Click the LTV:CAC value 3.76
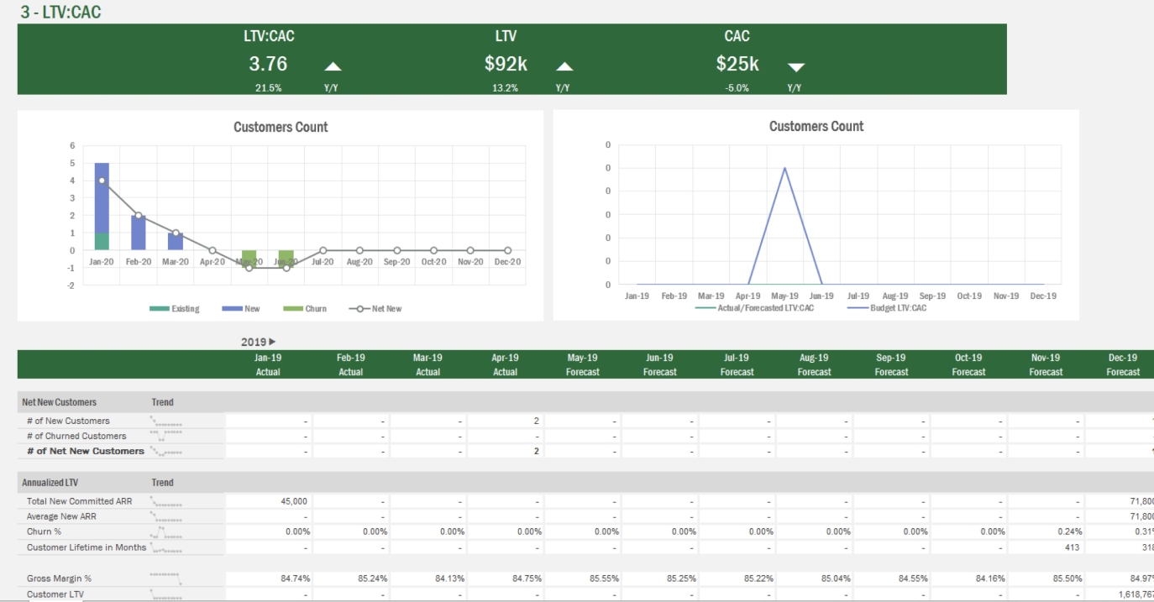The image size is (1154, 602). point(268,64)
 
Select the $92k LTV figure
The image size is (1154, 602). point(506,64)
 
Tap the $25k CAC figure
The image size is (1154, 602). point(737,64)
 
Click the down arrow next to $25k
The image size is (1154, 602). point(796,67)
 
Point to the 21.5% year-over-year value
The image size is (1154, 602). point(268,87)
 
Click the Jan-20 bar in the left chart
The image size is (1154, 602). point(102,206)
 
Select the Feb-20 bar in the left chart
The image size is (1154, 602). point(139,233)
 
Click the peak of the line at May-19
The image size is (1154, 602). point(784,168)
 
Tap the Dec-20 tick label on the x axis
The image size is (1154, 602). point(507,262)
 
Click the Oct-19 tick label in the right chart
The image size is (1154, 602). point(969,296)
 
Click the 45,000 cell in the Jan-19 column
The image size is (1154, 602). point(293,501)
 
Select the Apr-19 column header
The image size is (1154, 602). point(505,364)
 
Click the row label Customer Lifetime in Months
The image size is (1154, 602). point(86,547)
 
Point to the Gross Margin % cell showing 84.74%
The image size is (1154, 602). point(293,578)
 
